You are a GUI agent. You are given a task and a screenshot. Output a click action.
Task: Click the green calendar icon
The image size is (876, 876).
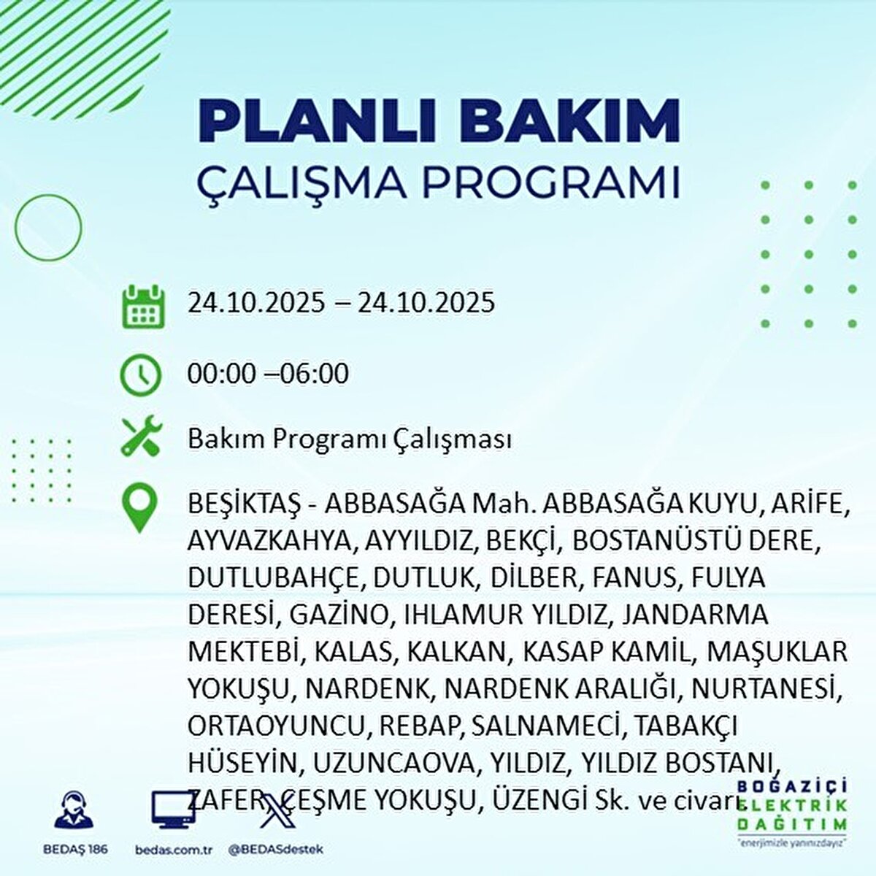click(139, 306)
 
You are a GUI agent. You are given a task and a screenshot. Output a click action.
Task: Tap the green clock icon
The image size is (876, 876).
click(139, 374)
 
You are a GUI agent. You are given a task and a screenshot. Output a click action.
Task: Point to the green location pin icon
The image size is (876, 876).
click(139, 509)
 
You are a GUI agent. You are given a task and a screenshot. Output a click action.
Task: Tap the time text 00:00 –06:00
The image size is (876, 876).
click(268, 374)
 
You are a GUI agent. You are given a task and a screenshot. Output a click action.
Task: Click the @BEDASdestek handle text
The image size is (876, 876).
click(275, 850)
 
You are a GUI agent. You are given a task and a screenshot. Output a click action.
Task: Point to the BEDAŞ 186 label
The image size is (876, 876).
click(74, 850)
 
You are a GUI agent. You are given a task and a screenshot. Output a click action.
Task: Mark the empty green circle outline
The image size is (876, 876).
click(48, 228)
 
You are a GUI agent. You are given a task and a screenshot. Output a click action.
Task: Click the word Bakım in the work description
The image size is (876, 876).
click(227, 439)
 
